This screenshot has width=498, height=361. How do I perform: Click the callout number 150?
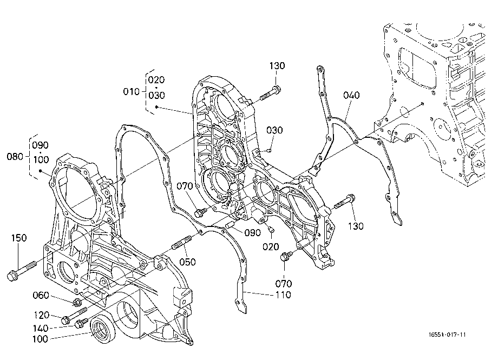tap(19, 238)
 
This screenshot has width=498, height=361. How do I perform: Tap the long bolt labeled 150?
tap(22, 270)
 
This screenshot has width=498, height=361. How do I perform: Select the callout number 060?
tap(41, 296)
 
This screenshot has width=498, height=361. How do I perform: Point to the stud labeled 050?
tap(182, 242)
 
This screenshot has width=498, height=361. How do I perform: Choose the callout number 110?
tap(283, 295)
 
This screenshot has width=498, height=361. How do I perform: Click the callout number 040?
tap(352, 95)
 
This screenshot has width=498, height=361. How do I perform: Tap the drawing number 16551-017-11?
tap(448, 335)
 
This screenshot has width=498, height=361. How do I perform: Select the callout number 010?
tap(131, 91)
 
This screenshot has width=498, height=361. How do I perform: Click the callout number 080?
tap(15, 157)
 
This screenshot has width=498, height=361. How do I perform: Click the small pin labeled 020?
tap(270, 230)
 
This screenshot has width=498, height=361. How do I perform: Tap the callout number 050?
tap(187, 262)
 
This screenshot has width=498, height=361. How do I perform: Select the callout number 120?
tap(42, 315)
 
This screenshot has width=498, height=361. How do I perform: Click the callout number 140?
tap(41, 328)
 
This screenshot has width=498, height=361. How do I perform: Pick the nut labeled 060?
tap(76, 303)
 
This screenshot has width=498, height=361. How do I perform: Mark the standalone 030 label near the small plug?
tap(274, 130)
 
